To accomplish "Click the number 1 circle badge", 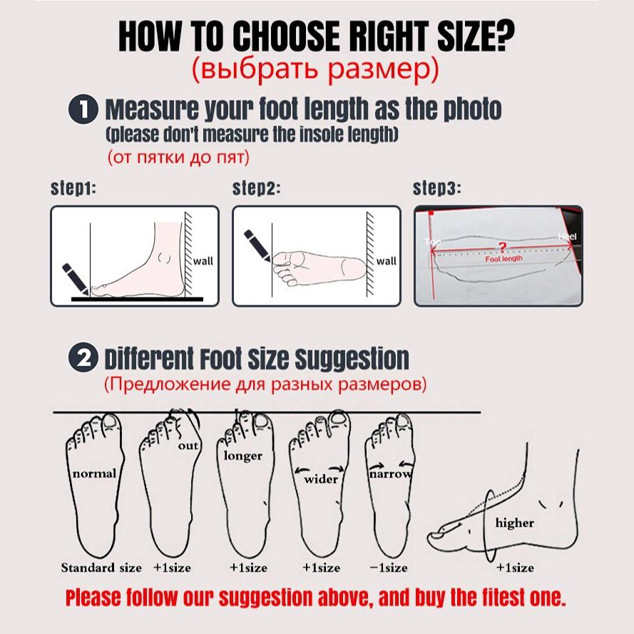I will [83, 111].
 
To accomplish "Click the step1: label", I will [73, 189].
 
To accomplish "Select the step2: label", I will [257, 189].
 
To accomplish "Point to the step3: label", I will [437, 189].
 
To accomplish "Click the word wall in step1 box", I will [203, 261].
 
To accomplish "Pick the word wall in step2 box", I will [386, 261].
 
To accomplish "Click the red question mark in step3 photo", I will [503, 247].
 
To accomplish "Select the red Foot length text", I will [504, 260].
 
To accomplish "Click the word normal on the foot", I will [94, 474].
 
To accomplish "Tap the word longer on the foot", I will [243, 456].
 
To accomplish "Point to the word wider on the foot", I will [321, 479].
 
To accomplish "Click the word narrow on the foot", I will [390, 474].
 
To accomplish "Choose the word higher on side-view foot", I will [514, 523].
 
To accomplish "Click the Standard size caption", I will [101, 568].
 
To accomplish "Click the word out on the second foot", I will [188, 446].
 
